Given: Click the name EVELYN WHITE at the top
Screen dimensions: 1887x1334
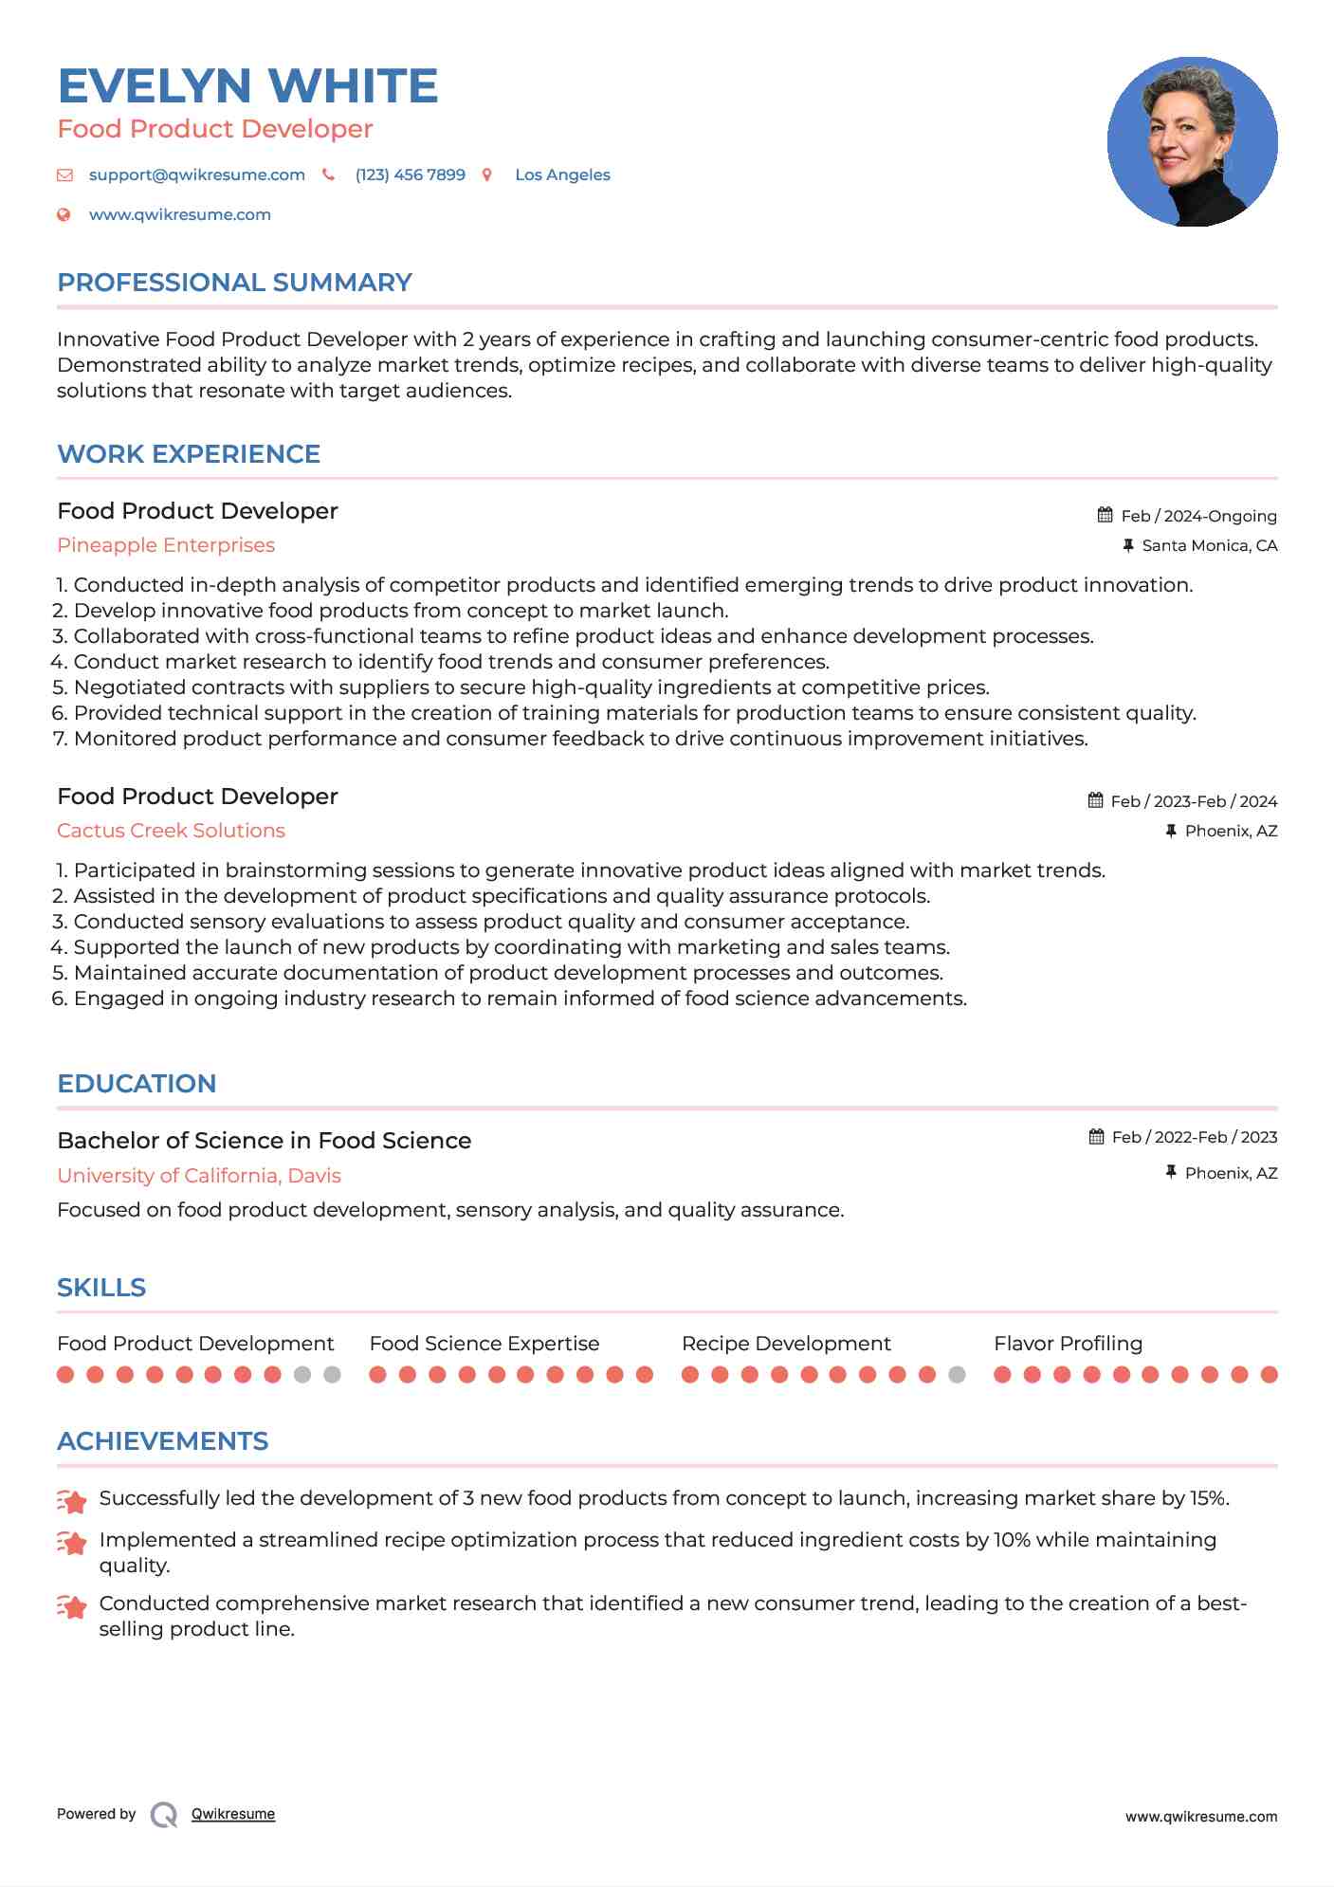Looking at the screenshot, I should tap(247, 86).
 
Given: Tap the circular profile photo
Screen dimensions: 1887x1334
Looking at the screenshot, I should tap(1192, 142).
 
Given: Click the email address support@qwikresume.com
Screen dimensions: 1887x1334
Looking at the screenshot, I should tap(196, 175).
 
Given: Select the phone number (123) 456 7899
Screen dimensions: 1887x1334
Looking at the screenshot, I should tap(410, 175).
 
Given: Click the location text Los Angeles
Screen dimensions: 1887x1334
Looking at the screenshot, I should tap(562, 175).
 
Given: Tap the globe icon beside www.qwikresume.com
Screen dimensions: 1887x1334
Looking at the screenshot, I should tap(64, 215).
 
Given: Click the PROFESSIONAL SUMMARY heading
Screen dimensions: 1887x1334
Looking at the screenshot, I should tap(234, 283).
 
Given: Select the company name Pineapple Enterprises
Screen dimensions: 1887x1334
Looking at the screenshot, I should tap(166, 545).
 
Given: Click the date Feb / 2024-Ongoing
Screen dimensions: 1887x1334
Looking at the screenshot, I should tap(1198, 516).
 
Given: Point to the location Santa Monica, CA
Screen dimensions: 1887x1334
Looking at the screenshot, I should tap(1209, 545).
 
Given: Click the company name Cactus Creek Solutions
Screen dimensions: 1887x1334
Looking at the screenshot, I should tap(171, 831).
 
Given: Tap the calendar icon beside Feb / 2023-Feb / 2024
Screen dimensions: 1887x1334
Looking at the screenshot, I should tap(1095, 800).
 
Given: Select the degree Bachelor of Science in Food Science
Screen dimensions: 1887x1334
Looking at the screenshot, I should tap(264, 1141).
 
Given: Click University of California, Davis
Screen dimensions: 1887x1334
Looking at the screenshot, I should tap(199, 1176).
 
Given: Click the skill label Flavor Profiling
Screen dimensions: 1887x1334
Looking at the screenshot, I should tap(1068, 1344).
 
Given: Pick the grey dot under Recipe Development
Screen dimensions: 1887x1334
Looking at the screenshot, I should tap(957, 1375).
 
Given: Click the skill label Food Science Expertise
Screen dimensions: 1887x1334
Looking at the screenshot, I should tap(484, 1344).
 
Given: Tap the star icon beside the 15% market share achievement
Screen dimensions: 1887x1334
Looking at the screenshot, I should tap(72, 1501).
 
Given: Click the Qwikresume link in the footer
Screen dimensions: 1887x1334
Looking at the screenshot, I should tap(233, 1814).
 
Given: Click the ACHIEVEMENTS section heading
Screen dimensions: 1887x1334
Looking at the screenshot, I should tap(162, 1441).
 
